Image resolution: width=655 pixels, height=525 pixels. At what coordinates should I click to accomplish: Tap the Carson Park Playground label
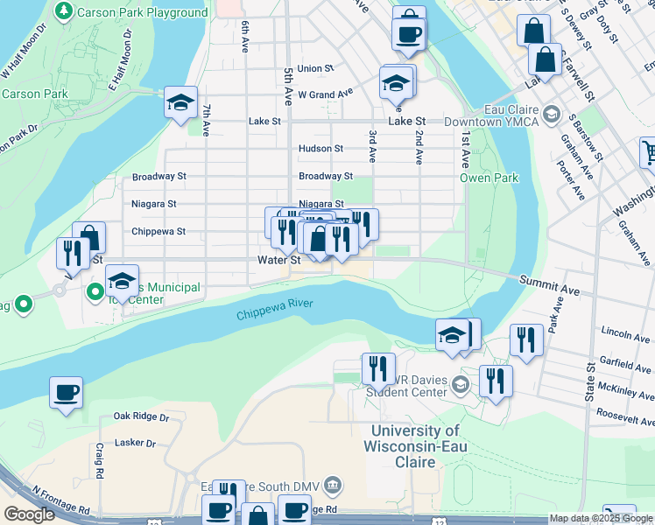[142, 12]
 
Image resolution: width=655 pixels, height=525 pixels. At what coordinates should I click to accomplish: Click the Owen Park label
[489, 178]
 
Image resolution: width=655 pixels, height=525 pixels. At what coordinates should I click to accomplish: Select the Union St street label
[315, 68]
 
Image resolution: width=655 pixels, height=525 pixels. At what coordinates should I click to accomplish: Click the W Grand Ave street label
[325, 93]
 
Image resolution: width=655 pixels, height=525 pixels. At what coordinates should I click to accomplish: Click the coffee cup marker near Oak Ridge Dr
[66, 392]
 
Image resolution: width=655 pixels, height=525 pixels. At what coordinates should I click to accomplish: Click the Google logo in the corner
[30, 514]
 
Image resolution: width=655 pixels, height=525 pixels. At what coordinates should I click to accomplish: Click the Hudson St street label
[320, 149]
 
